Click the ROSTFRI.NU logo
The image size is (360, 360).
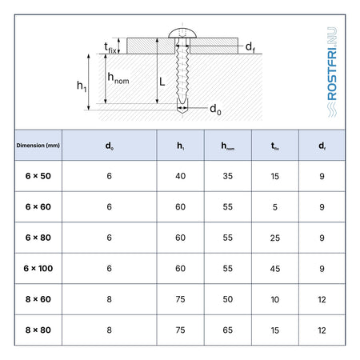coord(332,72)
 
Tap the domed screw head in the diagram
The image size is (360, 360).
coord(182,33)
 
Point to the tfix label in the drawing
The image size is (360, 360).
coord(110,48)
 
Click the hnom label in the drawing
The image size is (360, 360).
coord(118,78)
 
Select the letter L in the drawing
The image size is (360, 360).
coord(162,82)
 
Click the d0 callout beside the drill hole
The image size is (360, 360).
coord(215,109)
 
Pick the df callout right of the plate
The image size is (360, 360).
coord(250,47)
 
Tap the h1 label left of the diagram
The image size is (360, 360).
coord(82,86)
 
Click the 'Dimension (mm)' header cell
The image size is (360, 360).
coord(38,146)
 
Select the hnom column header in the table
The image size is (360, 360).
coord(228,146)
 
